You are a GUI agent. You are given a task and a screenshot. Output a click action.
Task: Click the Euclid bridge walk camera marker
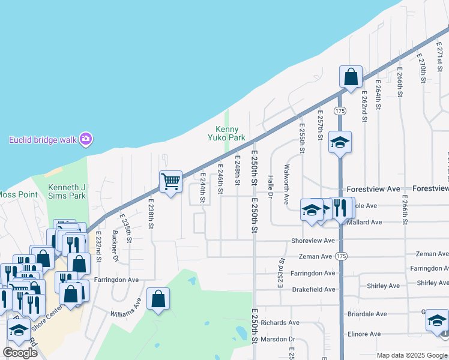point(86,139)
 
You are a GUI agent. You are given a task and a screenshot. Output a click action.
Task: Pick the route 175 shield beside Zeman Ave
point(342,257)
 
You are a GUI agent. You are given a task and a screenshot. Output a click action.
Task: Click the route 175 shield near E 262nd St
point(340,111)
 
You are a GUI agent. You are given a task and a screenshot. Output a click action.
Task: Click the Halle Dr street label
point(271,187)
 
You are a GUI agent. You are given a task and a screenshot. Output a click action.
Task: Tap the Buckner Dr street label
point(115,245)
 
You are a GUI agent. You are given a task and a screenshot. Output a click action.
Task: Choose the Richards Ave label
point(280,322)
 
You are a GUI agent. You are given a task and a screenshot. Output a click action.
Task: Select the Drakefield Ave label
point(313,289)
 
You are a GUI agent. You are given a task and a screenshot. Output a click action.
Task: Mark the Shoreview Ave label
point(312,240)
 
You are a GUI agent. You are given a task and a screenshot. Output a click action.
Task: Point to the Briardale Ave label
point(367,314)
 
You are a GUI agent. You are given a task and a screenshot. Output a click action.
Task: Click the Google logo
point(20,353)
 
